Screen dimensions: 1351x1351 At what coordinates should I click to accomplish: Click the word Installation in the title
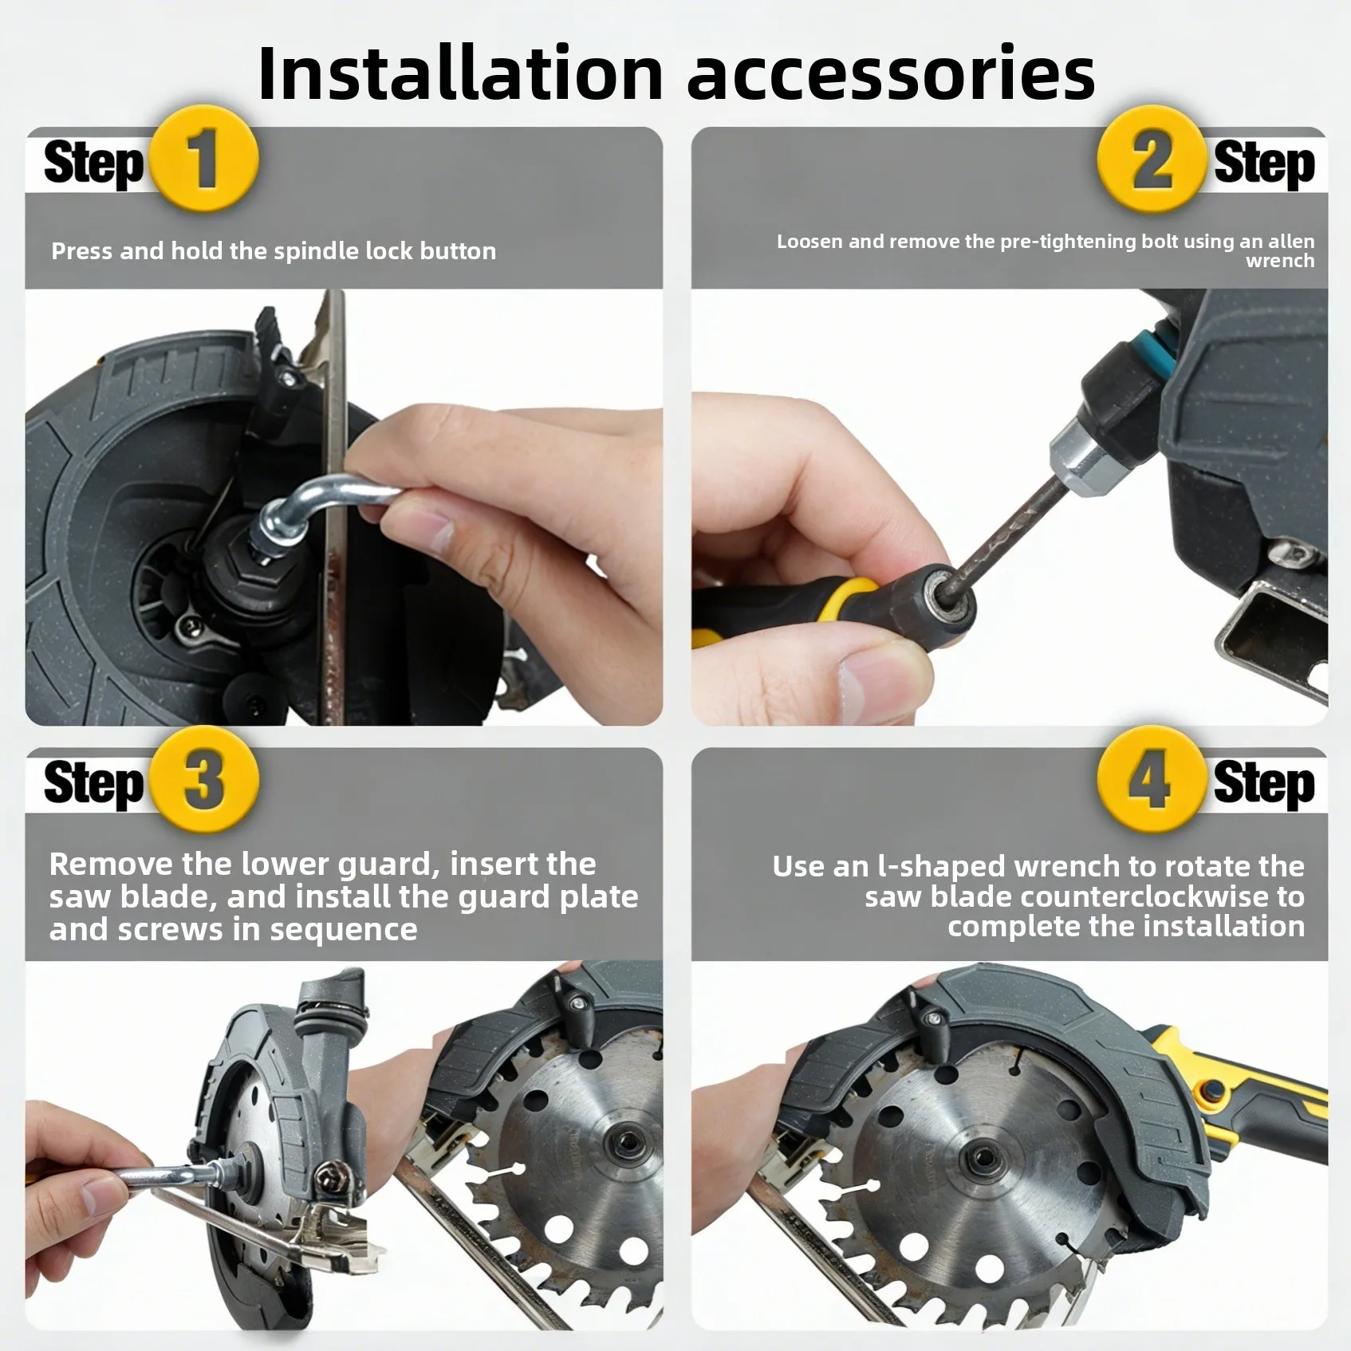point(460,73)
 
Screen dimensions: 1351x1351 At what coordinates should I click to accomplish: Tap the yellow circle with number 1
point(204,159)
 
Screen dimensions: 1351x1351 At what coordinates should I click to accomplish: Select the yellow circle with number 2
point(1149,159)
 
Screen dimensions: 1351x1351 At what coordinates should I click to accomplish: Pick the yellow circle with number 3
point(204,780)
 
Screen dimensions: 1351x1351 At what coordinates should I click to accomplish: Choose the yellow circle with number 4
point(1149,780)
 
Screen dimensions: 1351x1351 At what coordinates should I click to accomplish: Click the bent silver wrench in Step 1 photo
point(319,493)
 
